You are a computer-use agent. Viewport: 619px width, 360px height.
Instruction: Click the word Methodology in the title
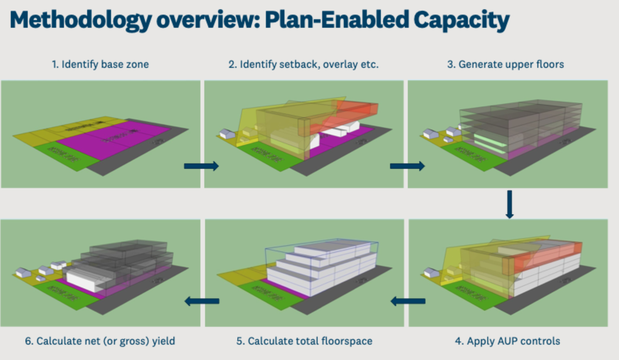[x=81, y=20]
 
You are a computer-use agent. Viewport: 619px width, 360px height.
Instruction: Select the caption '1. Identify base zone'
[x=100, y=64]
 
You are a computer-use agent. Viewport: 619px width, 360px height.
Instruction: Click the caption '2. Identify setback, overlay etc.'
[x=303, y=64]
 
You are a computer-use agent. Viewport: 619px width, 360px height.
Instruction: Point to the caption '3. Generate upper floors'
[x=505, y=64]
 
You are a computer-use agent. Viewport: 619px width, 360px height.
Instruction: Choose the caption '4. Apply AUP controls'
[x=507, y=341]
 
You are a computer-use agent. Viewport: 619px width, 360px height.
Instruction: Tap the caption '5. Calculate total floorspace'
[x=304, y=341]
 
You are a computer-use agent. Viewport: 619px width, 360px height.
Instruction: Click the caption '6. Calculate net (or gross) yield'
[x=100, y=341]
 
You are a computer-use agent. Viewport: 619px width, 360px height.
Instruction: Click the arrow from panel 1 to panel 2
[x=201, y=166]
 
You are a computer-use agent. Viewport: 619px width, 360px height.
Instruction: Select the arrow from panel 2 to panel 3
[x=407, y=166]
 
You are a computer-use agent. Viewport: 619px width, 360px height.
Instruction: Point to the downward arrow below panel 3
[x=510, y=204]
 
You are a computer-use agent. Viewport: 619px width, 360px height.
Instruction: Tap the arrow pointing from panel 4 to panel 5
[x=408, y=301]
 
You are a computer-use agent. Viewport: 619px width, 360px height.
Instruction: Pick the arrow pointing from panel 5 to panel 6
[x=202, y=301]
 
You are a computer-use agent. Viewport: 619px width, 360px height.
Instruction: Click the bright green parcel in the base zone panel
[x=66, y=156]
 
